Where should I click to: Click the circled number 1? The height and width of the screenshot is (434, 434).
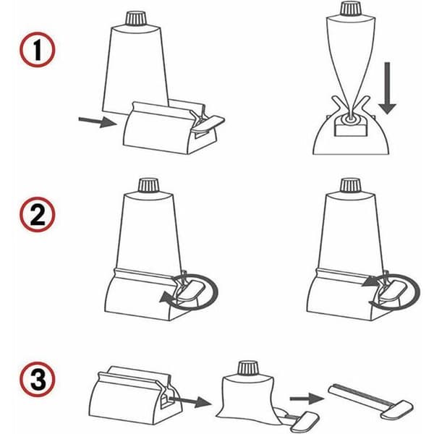click(38, 50)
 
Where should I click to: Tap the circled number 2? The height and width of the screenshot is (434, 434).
click(38, 215)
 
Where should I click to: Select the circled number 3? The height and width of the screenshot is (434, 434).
click(38, 379)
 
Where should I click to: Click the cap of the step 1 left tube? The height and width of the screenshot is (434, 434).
click(136, 18)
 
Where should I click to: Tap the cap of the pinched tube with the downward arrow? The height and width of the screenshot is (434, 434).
click(351, 9)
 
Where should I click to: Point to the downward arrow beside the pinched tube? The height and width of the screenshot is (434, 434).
click(387, 88)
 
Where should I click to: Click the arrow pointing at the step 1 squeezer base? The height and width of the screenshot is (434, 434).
click(98, 122)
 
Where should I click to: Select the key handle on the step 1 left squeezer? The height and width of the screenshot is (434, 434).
click(208, 123)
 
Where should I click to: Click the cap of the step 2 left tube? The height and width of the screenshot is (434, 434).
click(148, 185)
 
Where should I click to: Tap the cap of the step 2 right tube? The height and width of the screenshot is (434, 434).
click(351, 185)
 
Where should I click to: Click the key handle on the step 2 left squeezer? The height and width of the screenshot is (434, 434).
click(191, 290)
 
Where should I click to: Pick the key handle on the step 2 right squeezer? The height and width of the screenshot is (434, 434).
click(393, 290)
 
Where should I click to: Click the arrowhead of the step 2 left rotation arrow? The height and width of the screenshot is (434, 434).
click(166, 298)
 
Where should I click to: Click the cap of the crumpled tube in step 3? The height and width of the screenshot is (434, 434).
click(249, 368)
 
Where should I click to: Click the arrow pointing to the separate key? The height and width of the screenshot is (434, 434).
click(307, 399)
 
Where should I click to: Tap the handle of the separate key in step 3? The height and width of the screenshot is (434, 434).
click(397, 410)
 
